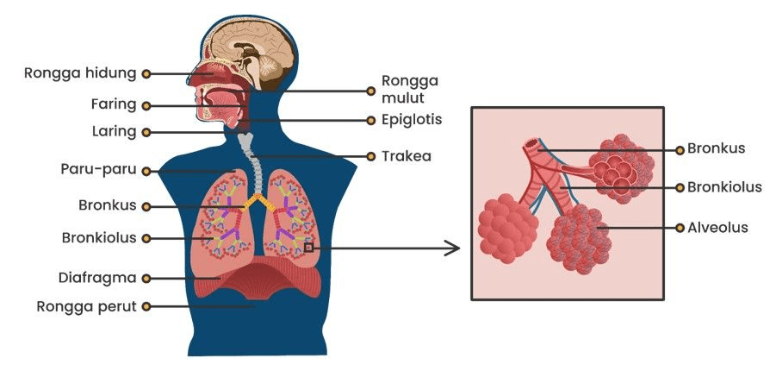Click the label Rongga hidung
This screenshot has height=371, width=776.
tap(79, 73)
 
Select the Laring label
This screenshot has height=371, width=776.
tap(114, 132)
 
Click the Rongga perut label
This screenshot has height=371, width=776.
tap(86, 305)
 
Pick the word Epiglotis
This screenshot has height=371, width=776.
tap(411, 120)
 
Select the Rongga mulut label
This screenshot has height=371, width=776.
tap(410, 89)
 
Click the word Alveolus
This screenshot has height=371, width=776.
tap(717, 228)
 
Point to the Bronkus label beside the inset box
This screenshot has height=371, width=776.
tap(716, 148)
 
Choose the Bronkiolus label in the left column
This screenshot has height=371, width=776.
tap(99, 237)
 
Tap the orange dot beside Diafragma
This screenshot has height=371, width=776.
tap(146, 278)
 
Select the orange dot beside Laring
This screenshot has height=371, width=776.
tap(146, 132)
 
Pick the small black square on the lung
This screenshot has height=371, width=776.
tap(308, 248)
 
